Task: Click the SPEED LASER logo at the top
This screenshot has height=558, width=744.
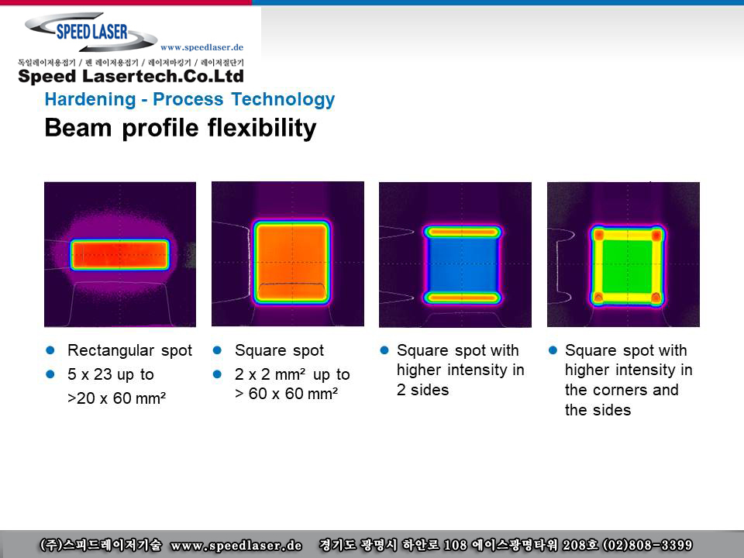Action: tap(91, 32)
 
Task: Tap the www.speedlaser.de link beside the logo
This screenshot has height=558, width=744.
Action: tap(201, 47)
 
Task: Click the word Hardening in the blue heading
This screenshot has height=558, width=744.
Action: tap(90, 100)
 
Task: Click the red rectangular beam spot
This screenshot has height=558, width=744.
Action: tap(119, 255)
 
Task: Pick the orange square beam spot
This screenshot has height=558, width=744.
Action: tap(291, 262)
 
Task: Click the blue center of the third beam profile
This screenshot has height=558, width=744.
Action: tap(463, 265)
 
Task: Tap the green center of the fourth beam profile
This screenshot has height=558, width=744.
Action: tap(627, 266)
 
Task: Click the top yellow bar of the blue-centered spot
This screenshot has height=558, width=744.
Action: tap(462, 232)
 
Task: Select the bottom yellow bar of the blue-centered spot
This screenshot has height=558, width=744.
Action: tap(462, 298)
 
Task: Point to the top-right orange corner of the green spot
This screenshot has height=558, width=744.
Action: tap(656, 235)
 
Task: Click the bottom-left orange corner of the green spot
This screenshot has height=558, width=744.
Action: tap(599, 298)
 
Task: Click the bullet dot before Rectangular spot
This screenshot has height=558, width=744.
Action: tap(50, 350)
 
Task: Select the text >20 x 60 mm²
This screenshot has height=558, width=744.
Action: tap(117, 398)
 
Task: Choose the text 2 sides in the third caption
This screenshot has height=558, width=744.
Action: tap(423, 390)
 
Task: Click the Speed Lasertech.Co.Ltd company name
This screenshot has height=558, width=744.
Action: tap(131, 77)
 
